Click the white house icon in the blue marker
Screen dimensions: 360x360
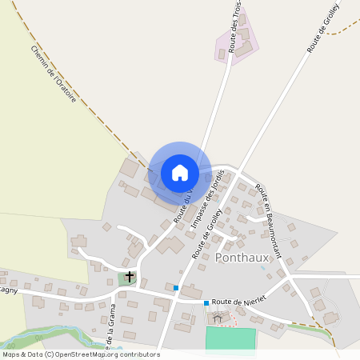coord(180,173)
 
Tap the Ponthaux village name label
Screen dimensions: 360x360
coord(242,257)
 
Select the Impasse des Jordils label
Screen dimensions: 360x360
coord(206,206)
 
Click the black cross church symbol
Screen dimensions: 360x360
coord(130,276)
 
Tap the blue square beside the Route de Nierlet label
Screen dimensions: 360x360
coord(206,303)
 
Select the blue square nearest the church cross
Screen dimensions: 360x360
coord(176,287)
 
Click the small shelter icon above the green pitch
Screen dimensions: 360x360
coord(218,318)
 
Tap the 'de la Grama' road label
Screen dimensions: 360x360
coord(111,329)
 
